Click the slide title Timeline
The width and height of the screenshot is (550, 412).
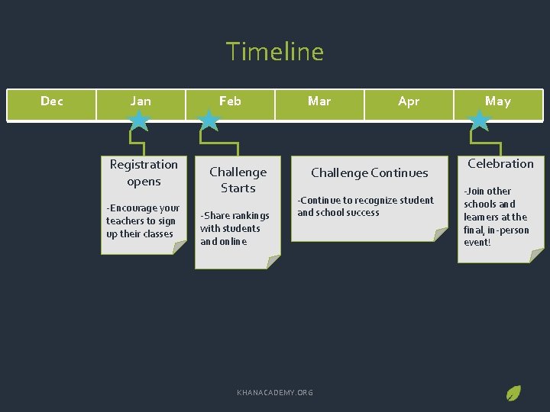[x=275, y=52]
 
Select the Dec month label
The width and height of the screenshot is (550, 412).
[x=52, y=101]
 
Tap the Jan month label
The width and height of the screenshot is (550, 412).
[x=141, y=101]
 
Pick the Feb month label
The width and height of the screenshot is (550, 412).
[x=230, y=101]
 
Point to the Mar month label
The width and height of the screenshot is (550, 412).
[x=319, y=101]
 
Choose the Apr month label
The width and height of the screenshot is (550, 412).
[x=409, y=101]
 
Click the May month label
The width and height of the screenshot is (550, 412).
[x=498, y=101]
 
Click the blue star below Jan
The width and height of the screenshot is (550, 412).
[x=139, y=120]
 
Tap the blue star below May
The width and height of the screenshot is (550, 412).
[x=480, y=120]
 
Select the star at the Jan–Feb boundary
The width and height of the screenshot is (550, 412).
[x=209, y=120]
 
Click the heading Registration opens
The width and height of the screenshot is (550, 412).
[x=144, y=172]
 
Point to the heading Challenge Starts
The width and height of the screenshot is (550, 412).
[x=238, y=180]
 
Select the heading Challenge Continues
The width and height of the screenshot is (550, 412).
[x=370, y=172]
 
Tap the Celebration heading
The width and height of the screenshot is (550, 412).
[x=500, y=163]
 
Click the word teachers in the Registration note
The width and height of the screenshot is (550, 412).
[x=123, y=220]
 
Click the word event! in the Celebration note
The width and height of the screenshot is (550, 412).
[x=477, y=243]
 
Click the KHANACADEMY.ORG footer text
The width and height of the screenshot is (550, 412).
[x=275, y=392]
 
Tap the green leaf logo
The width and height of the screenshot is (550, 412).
[x=514, y=394]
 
